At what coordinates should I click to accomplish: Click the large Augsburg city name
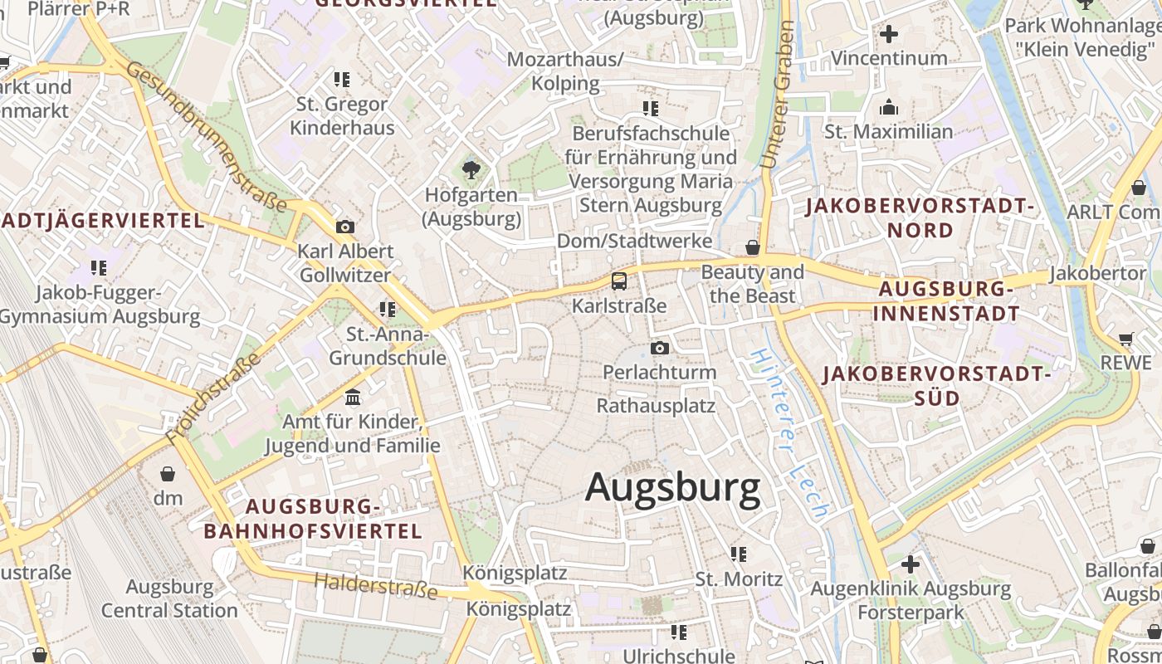[x=672, y=488]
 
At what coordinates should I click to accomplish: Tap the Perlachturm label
[x=659, y=372]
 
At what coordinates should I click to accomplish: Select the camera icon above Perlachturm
[x=659, y=348]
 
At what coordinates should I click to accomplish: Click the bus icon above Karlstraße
[x=619, y=281]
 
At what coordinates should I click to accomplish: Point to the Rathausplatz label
[x=656, y=406]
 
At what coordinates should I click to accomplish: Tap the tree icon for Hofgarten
[x=471, y=170]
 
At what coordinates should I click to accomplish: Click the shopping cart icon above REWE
[x=1126, y=339]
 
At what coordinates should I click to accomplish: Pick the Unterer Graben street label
[x=777, y=95]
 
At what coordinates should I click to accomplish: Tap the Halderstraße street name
[x=375, y=585]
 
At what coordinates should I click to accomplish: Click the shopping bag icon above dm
[x=168, y=474]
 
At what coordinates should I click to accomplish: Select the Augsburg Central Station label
[x=169, y=598]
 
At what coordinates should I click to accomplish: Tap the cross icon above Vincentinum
[x=889, y=34]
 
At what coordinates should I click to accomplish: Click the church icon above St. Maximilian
[x=889, y=108]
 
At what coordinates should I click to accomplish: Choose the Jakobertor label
[x=1097, y=273]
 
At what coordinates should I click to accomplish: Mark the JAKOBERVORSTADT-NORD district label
[x=920, y=217]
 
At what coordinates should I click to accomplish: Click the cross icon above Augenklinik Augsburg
[x=911, y=564]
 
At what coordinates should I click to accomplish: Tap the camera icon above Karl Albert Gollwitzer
[x=344, y=227]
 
